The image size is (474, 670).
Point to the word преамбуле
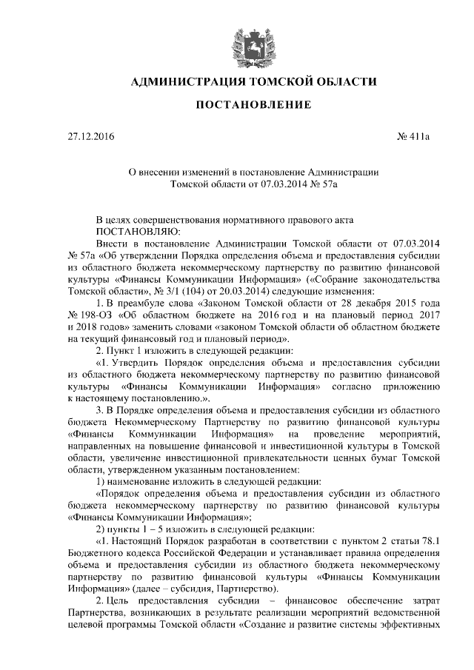point(147,303)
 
